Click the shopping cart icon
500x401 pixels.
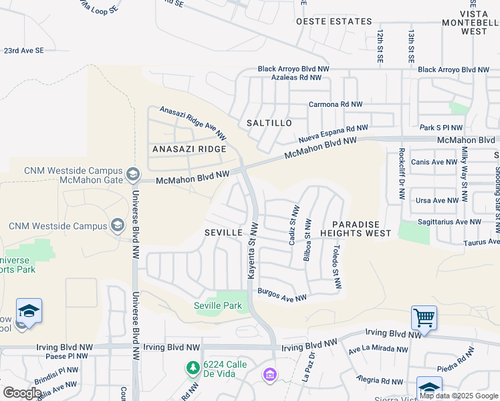424,317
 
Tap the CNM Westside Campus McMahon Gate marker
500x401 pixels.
132,175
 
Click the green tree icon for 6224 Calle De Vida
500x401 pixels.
193,368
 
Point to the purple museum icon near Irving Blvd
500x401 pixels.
269,376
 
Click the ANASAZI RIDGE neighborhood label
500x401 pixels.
189,148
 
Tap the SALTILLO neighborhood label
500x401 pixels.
269,123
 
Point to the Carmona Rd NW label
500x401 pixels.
336,104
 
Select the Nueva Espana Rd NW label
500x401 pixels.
333,134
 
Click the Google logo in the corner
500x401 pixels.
23,393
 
